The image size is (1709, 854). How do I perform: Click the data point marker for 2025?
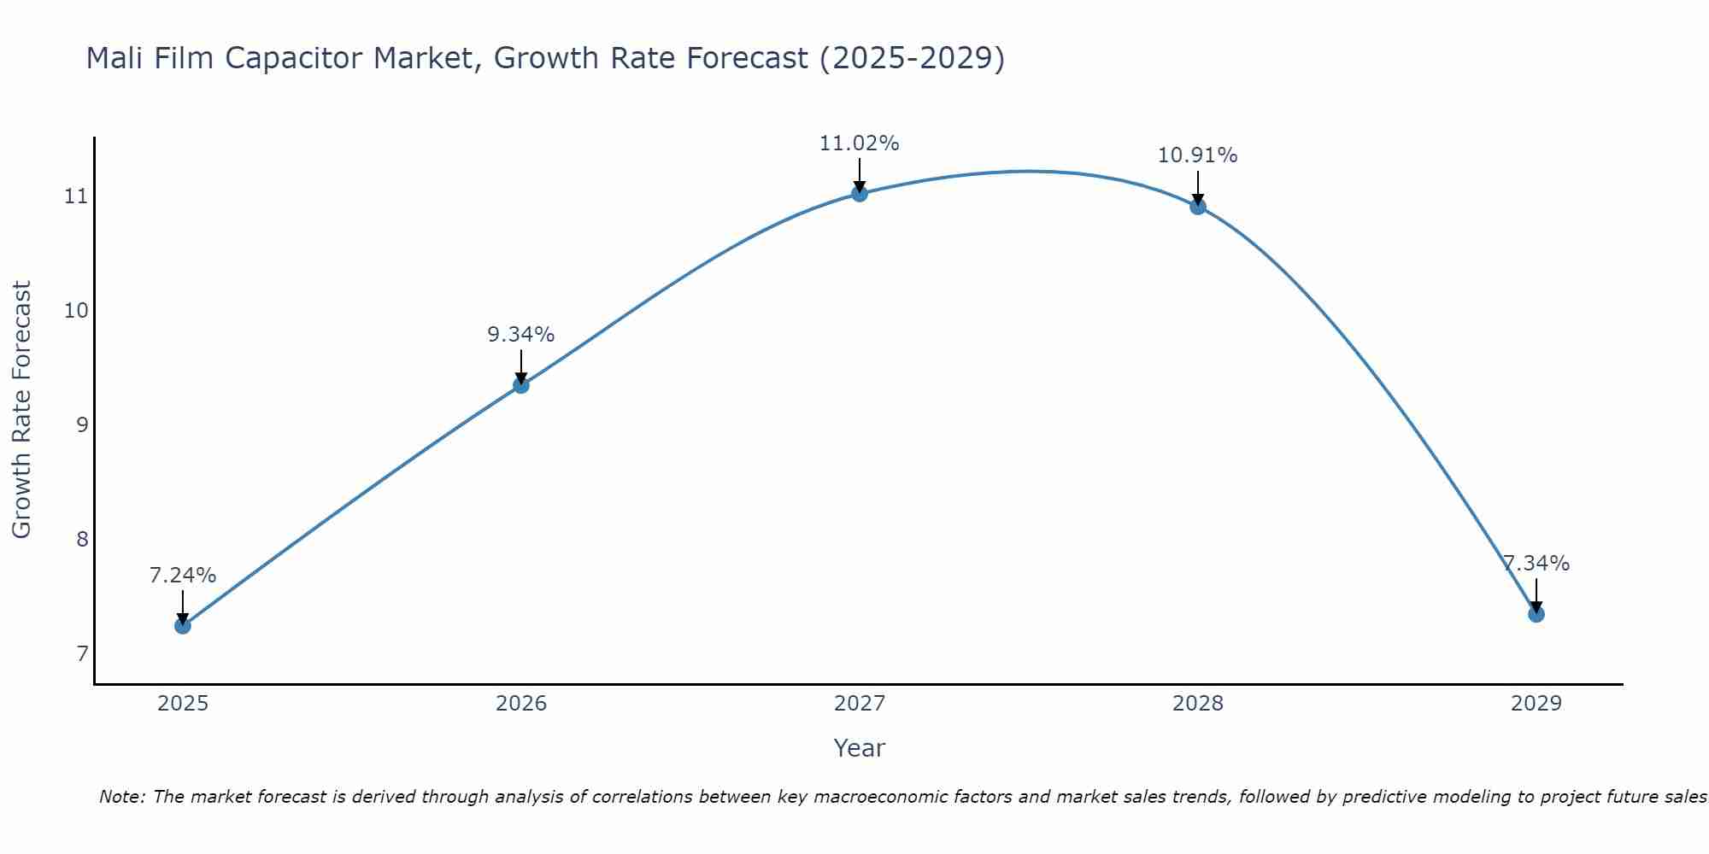[182, 626]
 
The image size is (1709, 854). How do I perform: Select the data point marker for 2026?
[520, 385]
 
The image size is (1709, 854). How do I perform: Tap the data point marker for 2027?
[860, 194]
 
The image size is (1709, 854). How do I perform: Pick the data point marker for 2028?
[1198, 206]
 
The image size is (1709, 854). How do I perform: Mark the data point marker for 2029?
[1536, 614]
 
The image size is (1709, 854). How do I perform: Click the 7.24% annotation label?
[182, 576]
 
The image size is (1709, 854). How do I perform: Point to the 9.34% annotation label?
[520, 335]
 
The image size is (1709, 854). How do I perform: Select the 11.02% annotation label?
[859, 143]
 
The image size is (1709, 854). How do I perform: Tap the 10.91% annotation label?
[1197, 155]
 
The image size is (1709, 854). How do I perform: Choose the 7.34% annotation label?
[1536, 564]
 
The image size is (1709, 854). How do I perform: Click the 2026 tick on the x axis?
[521, 704]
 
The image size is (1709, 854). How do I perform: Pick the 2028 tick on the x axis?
[1198, 704]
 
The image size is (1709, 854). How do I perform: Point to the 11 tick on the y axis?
[76, 196]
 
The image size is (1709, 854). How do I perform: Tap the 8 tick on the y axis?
[82, 539]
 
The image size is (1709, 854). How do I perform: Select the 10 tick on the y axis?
[76, 310]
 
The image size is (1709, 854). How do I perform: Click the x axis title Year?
[859, 748]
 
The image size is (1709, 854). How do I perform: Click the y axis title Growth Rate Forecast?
[22, 409]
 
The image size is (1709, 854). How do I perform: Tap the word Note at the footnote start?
[122, 797]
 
